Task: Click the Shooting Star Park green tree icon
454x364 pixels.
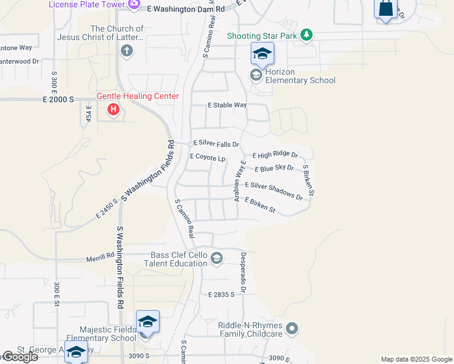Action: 307,35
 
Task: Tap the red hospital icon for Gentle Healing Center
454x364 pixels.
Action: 113,110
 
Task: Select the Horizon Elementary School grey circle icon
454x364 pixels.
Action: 256,75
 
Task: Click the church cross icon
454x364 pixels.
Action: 127,50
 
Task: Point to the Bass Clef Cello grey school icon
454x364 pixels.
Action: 216,259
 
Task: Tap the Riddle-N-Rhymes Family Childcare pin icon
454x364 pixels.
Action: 293,329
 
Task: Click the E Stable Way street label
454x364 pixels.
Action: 227,105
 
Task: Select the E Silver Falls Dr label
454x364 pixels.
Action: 215,144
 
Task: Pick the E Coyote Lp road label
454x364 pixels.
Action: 208,157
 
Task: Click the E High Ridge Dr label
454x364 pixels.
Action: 275,155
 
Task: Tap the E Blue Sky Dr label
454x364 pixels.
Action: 274,168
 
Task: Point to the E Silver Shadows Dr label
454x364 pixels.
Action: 273,190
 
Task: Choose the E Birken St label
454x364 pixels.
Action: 260,205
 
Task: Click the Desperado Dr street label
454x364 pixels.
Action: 243,272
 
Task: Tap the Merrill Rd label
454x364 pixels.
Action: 100,256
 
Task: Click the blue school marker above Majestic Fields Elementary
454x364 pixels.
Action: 148,322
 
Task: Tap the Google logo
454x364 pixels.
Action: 19,357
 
